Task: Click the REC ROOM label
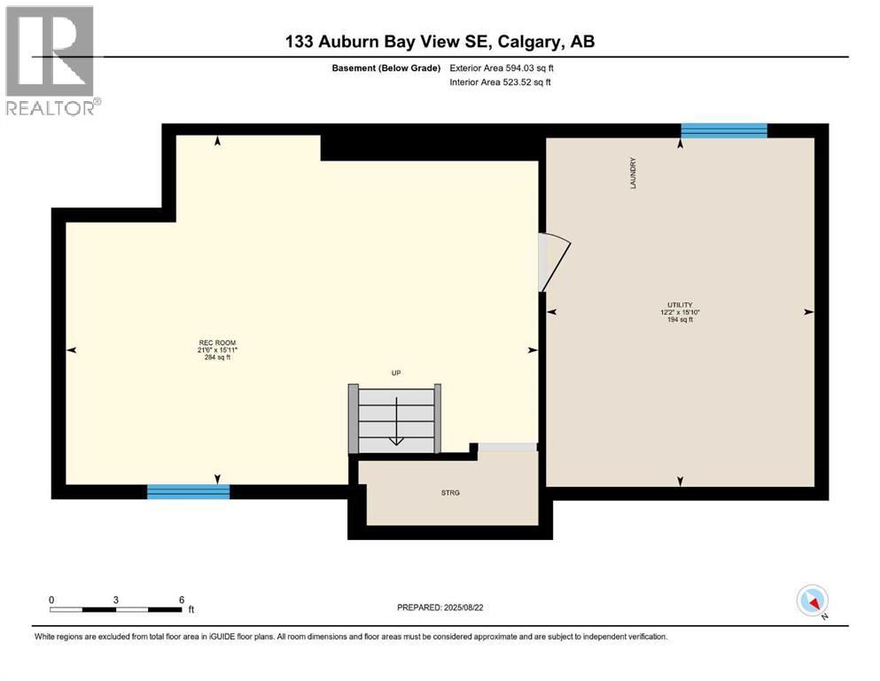tap(217, 343)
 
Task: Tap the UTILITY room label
tap(680, 304)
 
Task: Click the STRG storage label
tap(452, 491)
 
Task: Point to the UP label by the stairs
tap(396, 373)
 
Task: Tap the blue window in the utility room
tap(723, 130)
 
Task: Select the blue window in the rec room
tap(188, 491)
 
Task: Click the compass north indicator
tap(813, 601)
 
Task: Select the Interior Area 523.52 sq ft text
tap(502, 82)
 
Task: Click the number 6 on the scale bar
tap(181, 599)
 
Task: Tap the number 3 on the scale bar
tap(116, 599)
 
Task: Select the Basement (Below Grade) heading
tap(385, 67)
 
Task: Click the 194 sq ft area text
tap(680, 320)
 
